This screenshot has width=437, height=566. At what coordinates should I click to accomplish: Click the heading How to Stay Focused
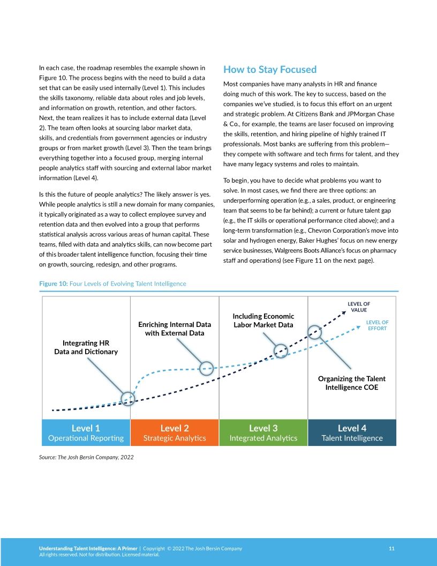pos(270,70)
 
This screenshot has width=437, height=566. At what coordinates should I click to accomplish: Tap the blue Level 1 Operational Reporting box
pos(86,433)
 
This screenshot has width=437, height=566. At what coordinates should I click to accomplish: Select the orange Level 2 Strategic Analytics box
pos(175,433)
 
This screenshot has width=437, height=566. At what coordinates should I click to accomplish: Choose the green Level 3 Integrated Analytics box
pos(263,433)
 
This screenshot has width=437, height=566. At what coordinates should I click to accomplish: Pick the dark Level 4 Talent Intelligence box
pos(352,433)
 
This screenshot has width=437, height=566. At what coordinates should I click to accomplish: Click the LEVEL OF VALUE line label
pos(359,307)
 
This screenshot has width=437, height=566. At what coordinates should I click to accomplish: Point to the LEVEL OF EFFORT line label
pos(377,325)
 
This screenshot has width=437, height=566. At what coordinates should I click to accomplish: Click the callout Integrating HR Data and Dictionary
pos(86,347)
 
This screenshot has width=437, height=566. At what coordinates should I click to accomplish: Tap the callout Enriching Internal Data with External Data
pos(175,329)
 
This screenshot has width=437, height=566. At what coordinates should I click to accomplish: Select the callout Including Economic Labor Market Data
pos(263,321)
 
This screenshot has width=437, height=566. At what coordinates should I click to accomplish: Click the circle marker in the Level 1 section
pos(127,398)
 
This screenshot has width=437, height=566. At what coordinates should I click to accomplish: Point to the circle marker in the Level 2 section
pos(207,368)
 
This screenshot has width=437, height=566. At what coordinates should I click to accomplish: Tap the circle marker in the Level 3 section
pos(281,351)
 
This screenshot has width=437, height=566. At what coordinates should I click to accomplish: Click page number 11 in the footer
pos(391,548)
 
